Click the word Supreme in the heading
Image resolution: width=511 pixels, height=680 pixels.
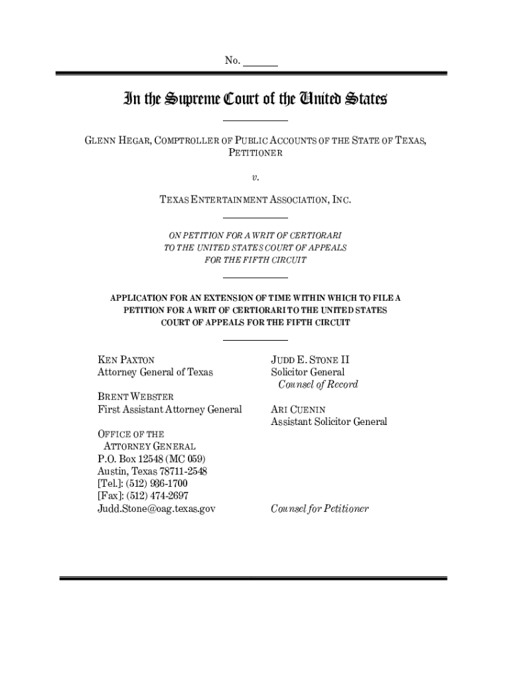(x=193, y=100)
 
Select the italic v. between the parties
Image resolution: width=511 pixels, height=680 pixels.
(x=255, y=177)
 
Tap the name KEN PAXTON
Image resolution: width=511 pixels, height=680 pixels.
(x=126, y=361)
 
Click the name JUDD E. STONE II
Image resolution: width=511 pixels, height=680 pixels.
(x=310, y=361)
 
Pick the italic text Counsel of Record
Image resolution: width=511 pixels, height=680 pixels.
(x=318, y=384)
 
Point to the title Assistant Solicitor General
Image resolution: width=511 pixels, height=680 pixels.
(x=328, y=422)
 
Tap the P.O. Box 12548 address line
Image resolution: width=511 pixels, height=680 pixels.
(x=151, y=459)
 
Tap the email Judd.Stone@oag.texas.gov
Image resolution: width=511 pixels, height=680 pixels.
(x=157, y=509)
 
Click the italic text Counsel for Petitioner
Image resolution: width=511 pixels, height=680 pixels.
(x=319, y=509)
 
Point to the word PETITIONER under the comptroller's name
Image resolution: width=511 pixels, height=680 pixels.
(x=255, y=153)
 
